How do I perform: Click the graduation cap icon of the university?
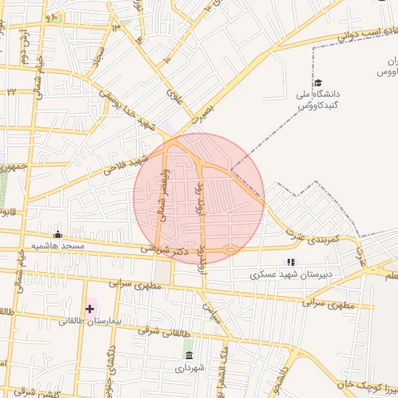317,83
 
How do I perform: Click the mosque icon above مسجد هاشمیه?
57,234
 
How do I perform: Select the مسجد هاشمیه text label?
57,246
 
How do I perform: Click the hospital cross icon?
89,309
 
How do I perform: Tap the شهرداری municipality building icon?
188,355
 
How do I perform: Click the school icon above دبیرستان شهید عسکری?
291,263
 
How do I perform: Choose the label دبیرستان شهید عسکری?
291,274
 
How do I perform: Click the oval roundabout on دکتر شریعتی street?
230,250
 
